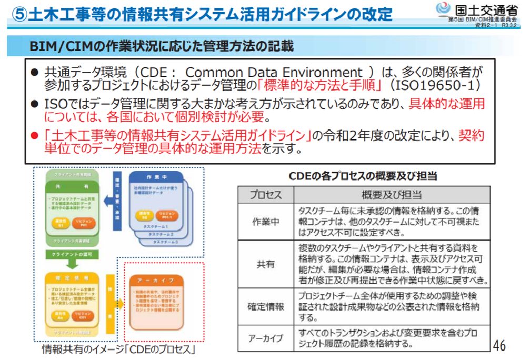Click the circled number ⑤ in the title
pyautogui.click(x=19, y=14)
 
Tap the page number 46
pyautogui.click(x=499, y=345)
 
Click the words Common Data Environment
pyautogui.click(x=274, y=72)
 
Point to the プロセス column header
pyautogui.click(x=266, y=195)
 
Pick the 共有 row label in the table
pyautogui.click(x=266, y=264)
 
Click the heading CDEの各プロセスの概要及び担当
pyautogui.click(x=363, y=176)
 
